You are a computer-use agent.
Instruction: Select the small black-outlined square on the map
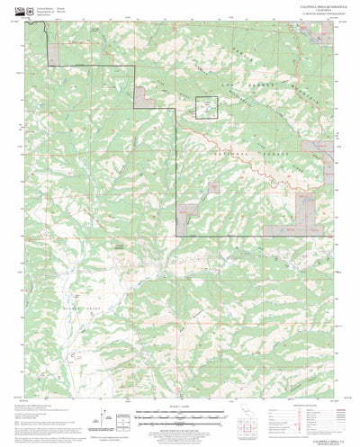coord(208,108)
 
